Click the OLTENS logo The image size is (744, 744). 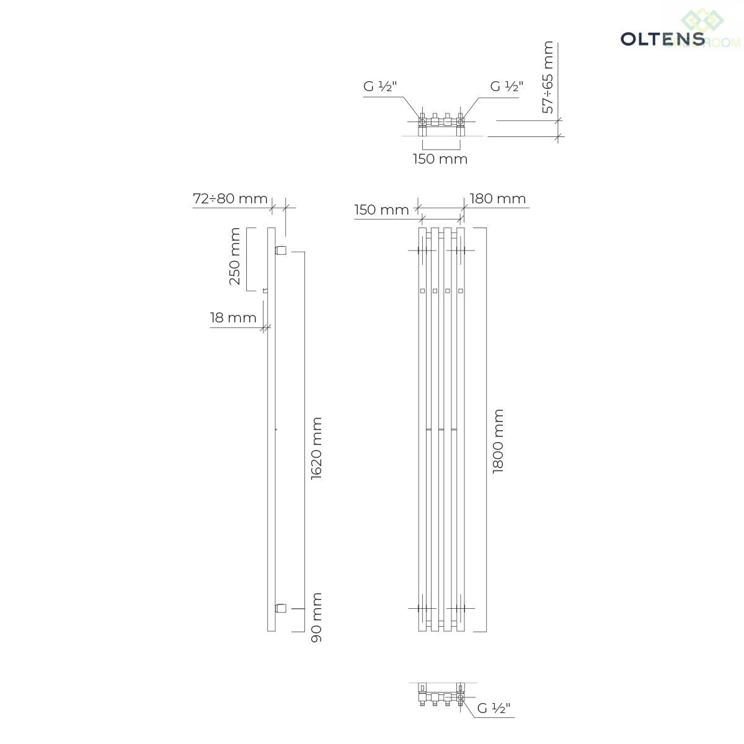(663, 38)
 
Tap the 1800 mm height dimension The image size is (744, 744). (498, 441)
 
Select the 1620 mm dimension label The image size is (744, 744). (317, 449)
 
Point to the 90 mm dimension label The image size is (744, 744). (317, 618)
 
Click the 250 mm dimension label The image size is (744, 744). (235, 256)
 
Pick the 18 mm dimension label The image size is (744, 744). (233, 318)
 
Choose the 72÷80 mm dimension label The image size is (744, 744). (230, 198)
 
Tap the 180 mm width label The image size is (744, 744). (498, 198)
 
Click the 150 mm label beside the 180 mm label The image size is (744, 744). (381, 210)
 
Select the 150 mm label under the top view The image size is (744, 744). (440, 159)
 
